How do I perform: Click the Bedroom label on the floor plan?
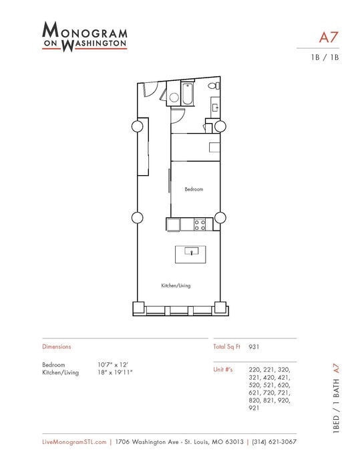[x=194, y=189]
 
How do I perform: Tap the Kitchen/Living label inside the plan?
[x=176, y=285]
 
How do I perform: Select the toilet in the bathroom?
[x=213, y=86]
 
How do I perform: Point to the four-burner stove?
[x=200, y=225]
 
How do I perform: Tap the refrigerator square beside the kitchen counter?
[x=172, y=225]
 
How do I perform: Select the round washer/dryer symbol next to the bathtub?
[x=174, y=98]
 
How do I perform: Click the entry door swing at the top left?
[x=152, y=90]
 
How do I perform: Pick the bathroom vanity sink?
[x=215, y=105]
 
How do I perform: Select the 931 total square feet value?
[x=254, y=347]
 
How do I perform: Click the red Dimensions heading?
[x=56, y=347]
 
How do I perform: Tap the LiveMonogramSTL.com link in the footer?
[x=74, y=442]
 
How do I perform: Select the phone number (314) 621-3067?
[x=274, y=442]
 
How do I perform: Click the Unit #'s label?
[x=222, y=369]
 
